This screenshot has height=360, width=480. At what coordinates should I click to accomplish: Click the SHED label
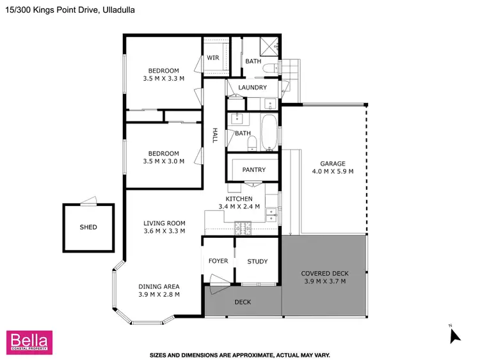point(88,227)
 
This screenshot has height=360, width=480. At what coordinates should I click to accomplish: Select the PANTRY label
point(253,169)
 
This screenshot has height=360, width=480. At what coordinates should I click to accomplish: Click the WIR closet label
point(213,58)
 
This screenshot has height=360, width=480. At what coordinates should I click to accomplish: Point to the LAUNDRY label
point(252,87)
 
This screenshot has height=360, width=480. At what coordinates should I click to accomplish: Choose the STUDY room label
point(257,261)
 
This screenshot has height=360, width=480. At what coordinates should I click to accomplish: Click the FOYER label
point(218,261)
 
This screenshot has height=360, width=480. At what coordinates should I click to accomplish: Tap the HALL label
point(216,136)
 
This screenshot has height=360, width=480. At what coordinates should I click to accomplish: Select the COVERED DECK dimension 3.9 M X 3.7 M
point(324,281)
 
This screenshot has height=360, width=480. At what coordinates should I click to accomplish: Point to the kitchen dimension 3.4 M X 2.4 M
point(239,207)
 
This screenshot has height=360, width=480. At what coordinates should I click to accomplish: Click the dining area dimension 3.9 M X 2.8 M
point(159,295)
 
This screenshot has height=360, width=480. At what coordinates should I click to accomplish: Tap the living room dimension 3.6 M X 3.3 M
point(164,231)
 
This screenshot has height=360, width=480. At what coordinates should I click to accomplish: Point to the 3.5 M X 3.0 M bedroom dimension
point(164,161)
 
